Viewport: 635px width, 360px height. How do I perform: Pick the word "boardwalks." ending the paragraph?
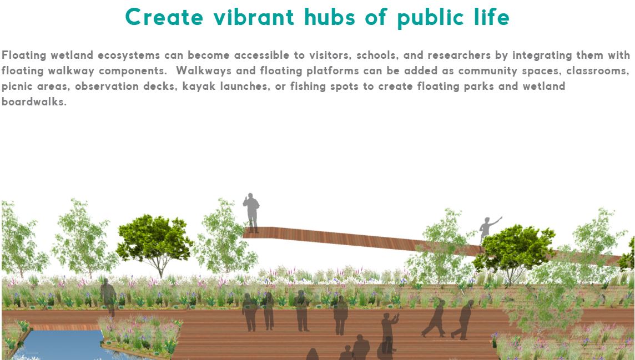pos(34,102)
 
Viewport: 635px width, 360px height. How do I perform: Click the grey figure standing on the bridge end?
pos(251,213)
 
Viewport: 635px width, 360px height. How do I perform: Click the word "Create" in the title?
pos(164,17)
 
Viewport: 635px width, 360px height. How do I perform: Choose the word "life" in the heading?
pos(493,17)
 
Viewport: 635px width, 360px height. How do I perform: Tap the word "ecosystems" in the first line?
pos(129,55)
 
